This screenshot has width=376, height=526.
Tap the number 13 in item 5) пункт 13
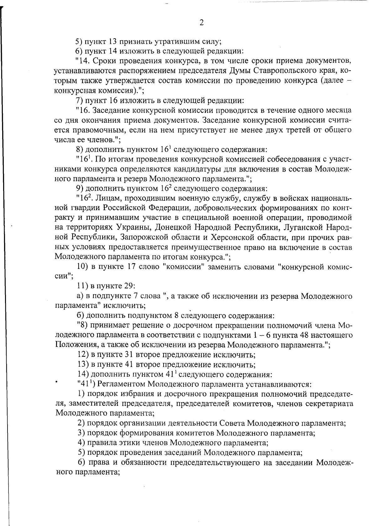(x=113, y=41)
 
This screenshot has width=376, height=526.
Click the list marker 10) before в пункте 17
(x=82, y=267)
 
